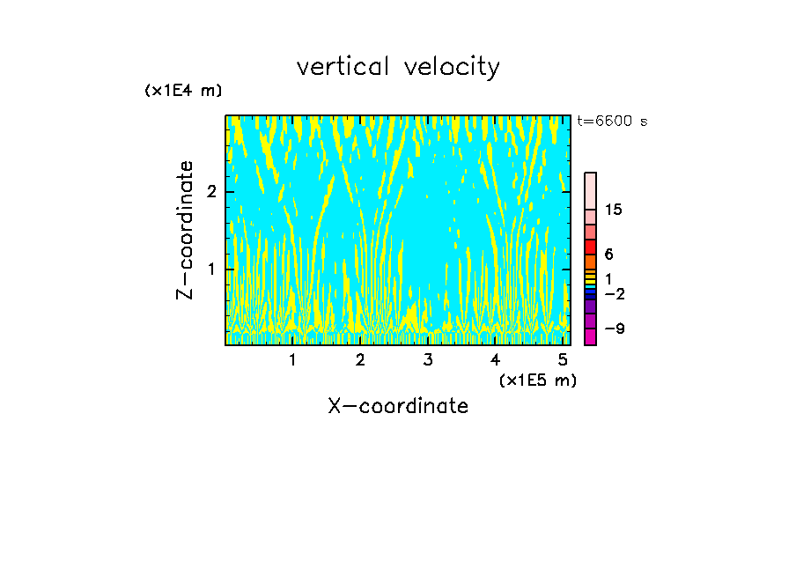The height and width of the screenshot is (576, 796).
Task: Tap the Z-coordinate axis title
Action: (185, 230)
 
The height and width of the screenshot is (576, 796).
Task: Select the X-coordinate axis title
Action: (398, 406)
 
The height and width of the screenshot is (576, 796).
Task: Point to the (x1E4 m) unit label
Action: (183, 91)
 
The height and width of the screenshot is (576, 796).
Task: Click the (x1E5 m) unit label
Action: (537, 380)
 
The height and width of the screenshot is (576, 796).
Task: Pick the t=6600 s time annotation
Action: (612, 122)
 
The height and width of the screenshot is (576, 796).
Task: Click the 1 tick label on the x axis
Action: (293, 360)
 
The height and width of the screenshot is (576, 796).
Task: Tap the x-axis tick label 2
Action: (360, 360)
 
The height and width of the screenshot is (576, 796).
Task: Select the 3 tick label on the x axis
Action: (428, 360)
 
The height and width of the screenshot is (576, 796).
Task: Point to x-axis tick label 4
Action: (496, 360)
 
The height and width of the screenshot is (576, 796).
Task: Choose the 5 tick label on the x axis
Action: (563, 360)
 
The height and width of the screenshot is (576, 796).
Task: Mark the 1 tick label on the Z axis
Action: (211, 269)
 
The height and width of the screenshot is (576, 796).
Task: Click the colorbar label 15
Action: (614, 210)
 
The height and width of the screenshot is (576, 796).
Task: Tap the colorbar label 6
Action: (608, 254)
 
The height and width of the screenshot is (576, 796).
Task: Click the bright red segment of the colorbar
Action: (590, 247)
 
